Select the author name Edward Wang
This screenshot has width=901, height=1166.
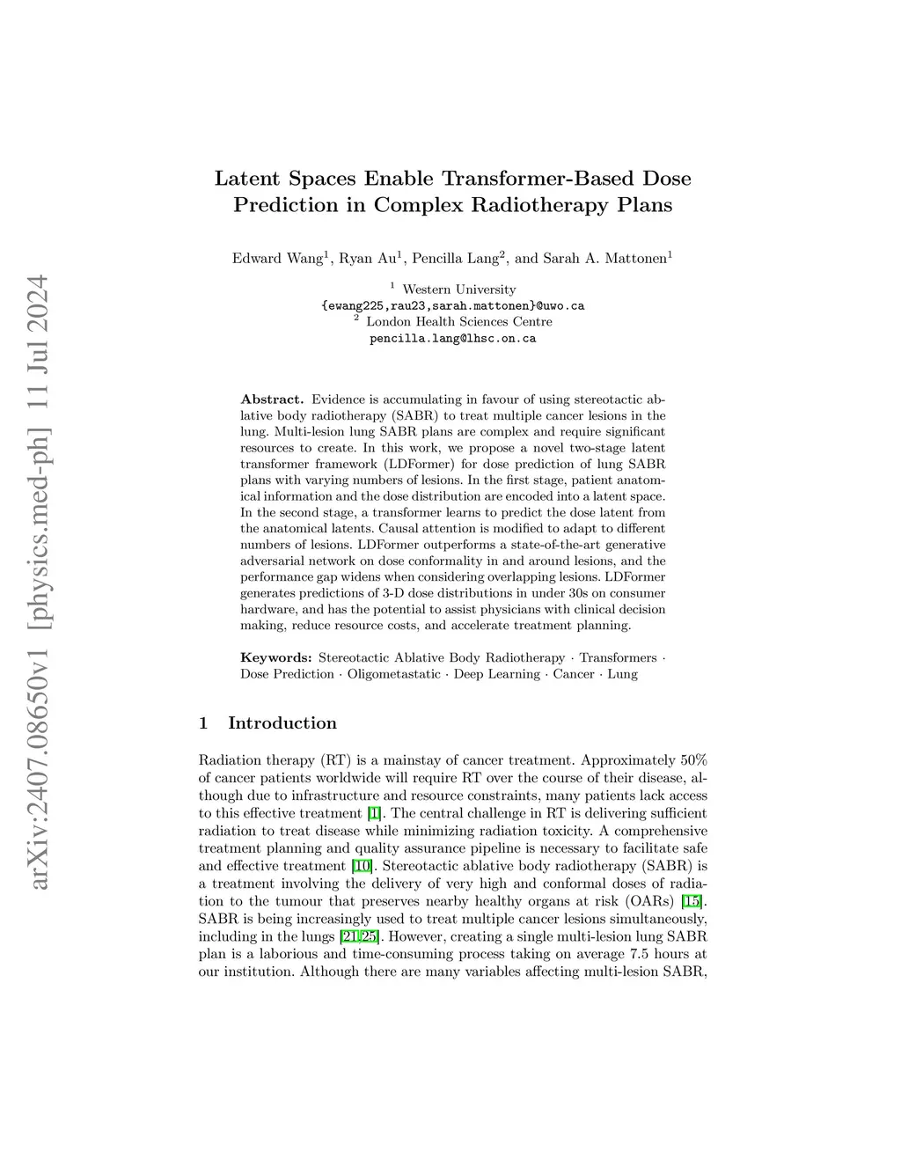(x=276, y=258)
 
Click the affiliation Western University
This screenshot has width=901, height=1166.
(x=458, y=290)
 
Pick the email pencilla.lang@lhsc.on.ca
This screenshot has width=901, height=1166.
(x=452, y=338)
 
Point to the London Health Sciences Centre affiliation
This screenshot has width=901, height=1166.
(x=458, y=322)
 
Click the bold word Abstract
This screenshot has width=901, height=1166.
(x=272, y=400)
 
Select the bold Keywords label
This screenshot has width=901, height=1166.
(x=276, y=657)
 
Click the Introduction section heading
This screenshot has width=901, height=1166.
(x=282, y=723)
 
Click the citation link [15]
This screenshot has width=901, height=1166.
(x=692, y=901)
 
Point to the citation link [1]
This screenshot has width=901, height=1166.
(x=375, y=813)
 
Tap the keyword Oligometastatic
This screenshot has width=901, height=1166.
(x=393, y=674)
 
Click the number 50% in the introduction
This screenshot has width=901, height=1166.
(x=690, y=760)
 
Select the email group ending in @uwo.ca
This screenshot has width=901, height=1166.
(x=452, y=306)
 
